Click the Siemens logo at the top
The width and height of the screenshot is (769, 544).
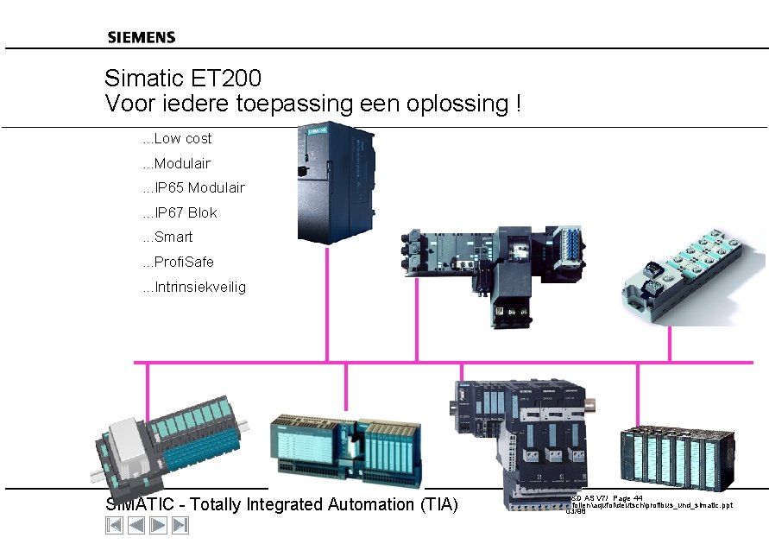[x=142, y=37]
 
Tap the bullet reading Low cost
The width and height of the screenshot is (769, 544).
[x=182, y=139]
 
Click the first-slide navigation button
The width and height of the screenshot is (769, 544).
[x=114, y=525]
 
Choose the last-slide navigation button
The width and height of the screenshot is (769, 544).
[x=180, y=525]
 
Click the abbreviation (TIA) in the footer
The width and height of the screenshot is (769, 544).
[x=438, y=505]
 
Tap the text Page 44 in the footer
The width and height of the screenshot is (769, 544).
[x=627, y=498]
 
